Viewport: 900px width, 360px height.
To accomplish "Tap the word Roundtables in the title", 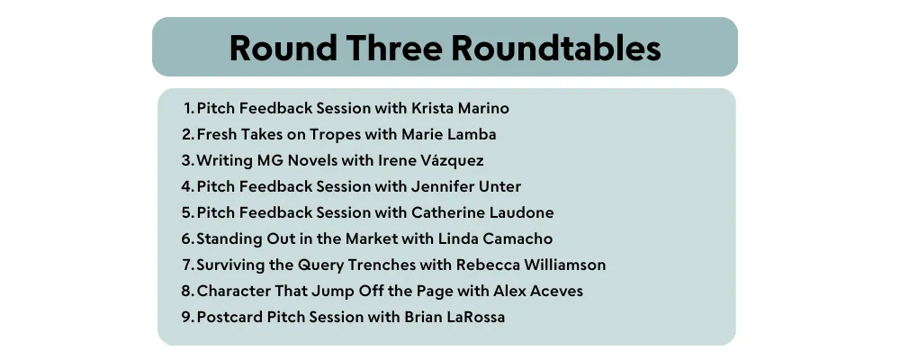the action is [556, 48].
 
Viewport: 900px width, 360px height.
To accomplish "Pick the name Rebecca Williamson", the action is [531, 265].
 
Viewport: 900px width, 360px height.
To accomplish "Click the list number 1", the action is [189, 108].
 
